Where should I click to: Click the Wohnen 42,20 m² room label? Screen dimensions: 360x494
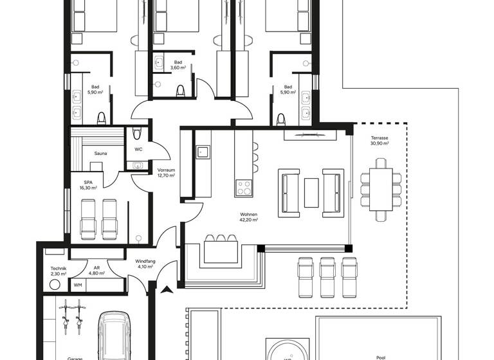[x=248, y=217]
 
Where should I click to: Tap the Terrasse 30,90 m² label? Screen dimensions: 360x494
[x=379, y=141]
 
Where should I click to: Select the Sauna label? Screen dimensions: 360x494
[x=100, y=154]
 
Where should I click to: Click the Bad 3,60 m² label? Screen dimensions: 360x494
[x=178, y=65]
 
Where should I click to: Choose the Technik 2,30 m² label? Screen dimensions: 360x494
[x=59, y=271]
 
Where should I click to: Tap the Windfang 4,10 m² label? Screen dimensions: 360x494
[x=144, y=264]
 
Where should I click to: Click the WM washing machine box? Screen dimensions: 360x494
[x=78, y=285]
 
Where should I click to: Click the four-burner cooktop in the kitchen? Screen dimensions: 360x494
[x=244, y=187]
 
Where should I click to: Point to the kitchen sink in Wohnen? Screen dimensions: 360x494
[x=202, y=152]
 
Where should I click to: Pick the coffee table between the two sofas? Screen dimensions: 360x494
[x=311, y=192]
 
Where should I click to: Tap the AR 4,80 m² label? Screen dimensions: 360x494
[x=96, y=271]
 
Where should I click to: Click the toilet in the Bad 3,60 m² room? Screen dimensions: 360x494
[x=181, y=91]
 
